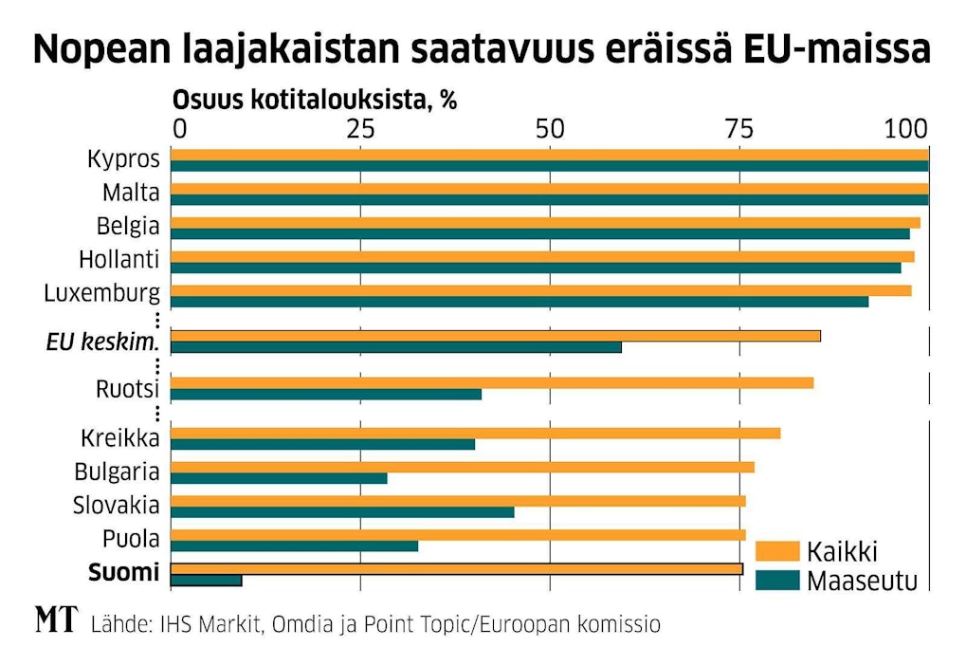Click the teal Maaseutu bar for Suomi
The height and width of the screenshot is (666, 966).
point(207,580)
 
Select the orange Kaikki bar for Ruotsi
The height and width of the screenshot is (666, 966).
point(492,382)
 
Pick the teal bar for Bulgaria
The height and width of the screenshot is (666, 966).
point(279,478)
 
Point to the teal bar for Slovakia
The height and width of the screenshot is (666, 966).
point(342,512)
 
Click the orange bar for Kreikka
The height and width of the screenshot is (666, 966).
point(475,434)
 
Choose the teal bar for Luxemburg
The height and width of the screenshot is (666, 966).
point(519,302)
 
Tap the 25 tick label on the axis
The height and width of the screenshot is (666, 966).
point(360,129)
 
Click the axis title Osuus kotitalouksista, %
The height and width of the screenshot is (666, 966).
point(314,101)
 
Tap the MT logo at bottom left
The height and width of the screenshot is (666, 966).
point(56,621)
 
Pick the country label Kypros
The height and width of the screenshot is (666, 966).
point(123,159)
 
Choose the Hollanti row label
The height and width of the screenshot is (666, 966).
point(119,260)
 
